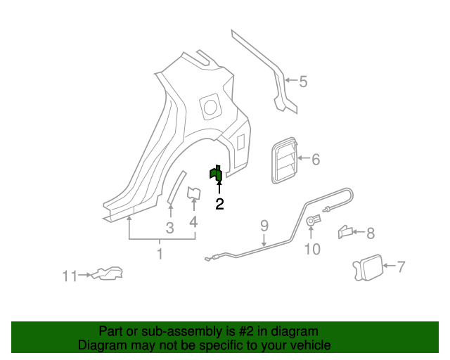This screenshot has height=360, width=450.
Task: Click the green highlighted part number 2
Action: click(x=216, y=174)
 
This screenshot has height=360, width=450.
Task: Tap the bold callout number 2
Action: click(x=219, y=204)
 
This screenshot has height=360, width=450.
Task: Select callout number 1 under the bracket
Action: click(x=160, y=254)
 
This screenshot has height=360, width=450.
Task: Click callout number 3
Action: click(x=169, y=228)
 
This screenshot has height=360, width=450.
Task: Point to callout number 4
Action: click(x=193, y=223)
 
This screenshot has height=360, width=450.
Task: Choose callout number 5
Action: click(x=303, y=82)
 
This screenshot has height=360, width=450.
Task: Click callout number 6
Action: click(x=316, y=160)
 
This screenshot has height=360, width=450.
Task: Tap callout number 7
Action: click(x=401, y=266)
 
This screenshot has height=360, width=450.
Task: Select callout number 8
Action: click(x=370, y=232)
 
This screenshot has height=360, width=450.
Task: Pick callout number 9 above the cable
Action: click(x=264, y=226)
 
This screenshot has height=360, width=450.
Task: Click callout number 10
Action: click(x=311, y=249)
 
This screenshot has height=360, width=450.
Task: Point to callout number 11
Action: click(x=68, y=276)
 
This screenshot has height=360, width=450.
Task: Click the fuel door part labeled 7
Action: click(x=366, y=269)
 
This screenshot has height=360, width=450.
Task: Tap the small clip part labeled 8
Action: click(x=346, y=231)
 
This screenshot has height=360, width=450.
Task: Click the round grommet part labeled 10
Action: click(x=311, y=222)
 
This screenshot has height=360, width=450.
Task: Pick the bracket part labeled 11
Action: click(x=106, y=274)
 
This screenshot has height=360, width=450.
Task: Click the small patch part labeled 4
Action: click(x=193, y=193)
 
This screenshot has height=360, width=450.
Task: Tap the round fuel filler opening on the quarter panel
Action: click(x=210, y=106)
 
